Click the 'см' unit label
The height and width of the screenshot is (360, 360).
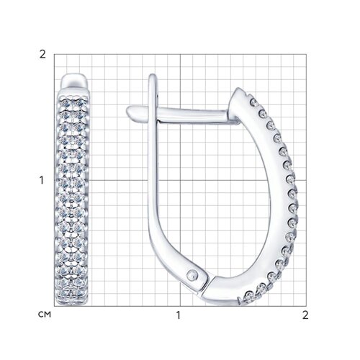(45, 315)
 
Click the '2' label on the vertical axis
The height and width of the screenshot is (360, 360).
(42, 55)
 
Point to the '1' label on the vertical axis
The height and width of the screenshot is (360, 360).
(42, 180)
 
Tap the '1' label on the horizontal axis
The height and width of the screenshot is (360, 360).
(178, 315)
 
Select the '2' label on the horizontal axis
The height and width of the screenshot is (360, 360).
(305, 315)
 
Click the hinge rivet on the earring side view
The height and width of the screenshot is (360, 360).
(192, 274)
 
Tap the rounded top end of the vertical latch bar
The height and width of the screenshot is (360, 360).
(153, 76)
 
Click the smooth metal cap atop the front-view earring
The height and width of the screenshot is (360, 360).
(73, 81)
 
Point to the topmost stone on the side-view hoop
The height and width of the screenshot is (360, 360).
(253, 103)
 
